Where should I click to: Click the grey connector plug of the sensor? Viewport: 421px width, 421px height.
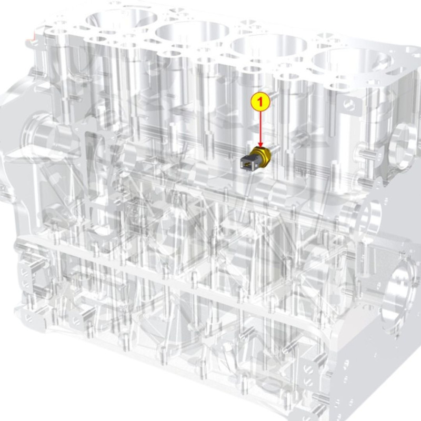247,163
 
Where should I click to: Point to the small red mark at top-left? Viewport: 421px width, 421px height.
34,36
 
